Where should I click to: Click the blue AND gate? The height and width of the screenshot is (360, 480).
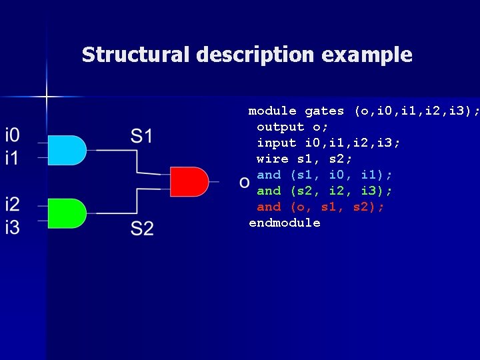pos(67,150)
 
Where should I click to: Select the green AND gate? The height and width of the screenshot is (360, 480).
pos(67,213)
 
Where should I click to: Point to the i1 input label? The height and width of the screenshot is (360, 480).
pos(13,159)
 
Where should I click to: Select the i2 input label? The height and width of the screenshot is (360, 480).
pos(13,205)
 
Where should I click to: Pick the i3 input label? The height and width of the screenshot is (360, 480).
pos(13,227)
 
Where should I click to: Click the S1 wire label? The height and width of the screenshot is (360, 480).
pos(141,137)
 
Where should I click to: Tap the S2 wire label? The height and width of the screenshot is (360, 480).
pos(141,229)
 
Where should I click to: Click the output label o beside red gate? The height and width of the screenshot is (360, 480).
pos(245,181)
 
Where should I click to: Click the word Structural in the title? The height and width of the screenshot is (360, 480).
pos(136,55)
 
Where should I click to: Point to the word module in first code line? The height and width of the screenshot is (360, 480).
pos(273,111)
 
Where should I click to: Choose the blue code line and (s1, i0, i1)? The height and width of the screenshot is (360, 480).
pos(324,175)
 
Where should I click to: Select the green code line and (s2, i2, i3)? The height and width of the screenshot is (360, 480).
pos(324,191)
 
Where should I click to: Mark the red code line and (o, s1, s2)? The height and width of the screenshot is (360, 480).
pos(320,207)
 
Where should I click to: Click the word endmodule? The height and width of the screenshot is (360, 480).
pos(285,223)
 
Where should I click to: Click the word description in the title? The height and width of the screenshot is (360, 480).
pos(256,55)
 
